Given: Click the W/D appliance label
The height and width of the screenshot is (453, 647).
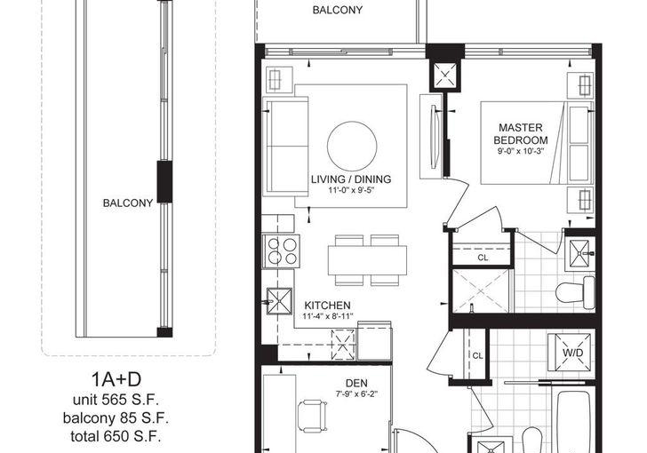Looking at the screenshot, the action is click(x=572, y=353).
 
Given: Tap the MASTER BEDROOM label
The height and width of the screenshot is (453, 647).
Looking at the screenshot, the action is click(x=520, y=133).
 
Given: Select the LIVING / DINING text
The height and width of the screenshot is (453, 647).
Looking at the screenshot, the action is click(x=351, y=179).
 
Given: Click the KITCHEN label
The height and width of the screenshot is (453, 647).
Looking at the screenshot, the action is click(x=327, y=306).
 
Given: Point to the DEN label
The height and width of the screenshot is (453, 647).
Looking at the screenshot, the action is click(x=356, y=383).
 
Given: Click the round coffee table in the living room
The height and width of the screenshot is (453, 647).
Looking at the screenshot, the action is click(x=352, y=146).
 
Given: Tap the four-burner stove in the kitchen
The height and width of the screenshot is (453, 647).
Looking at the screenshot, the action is click(x=282, y=251).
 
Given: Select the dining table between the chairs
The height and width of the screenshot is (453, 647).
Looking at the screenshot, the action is click(x=368, y=260).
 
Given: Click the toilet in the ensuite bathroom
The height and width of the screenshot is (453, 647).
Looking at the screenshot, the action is click(x=575, y=292).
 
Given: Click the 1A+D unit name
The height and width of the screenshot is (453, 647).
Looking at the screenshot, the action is click(x=116, y=379).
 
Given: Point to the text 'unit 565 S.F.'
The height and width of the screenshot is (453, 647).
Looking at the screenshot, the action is click(x=116, y=400).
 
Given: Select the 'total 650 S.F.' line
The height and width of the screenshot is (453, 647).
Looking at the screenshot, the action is click(x=116, y=436).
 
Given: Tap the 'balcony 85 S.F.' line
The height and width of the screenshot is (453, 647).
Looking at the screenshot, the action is click(x=116, y=418).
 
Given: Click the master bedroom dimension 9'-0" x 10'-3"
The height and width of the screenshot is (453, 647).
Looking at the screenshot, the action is click(x=521, y=151).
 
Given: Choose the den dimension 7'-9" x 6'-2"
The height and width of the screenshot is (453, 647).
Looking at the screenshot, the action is click(x=356, y=393).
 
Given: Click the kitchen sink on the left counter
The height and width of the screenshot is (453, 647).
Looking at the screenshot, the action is click(x=279, y=301).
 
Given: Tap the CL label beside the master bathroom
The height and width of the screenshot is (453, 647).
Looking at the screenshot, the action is click(x=483, y=258).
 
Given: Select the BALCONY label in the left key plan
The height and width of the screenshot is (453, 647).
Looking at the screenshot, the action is click(x=128, y=203).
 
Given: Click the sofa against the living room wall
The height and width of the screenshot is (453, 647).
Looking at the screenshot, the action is click(x=285, y=146).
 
